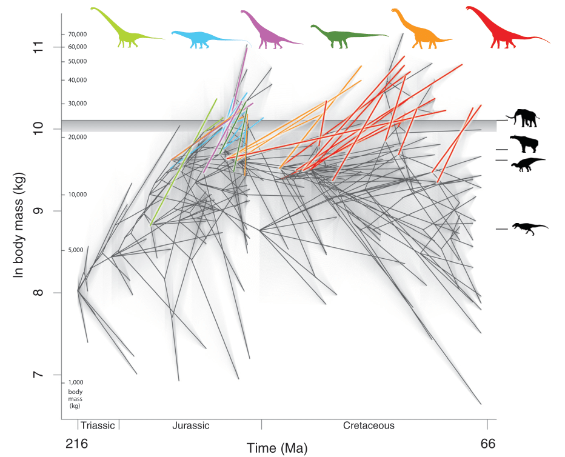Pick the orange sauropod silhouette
[418, 32]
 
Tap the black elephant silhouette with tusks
[525, 118]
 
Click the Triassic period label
[98, 425]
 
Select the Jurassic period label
[190, 425]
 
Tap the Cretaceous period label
[369, 425]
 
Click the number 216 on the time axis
[76, 444]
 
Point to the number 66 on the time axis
[487, 444]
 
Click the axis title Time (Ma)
[276, 449]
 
